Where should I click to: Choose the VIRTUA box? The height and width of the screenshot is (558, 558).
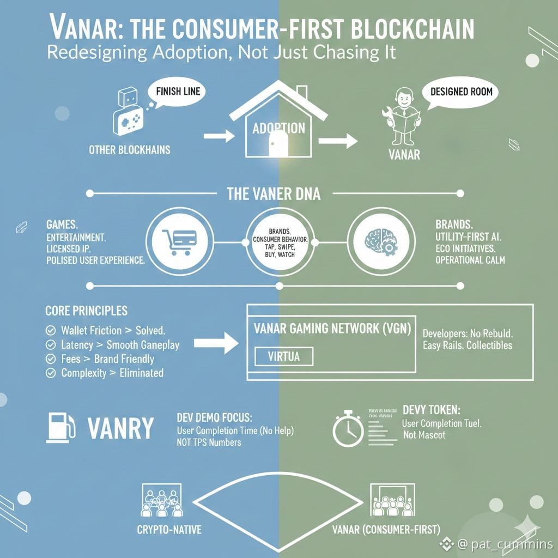click(x=283, y=356)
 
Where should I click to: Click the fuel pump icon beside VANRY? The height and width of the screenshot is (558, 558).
click(x=60, y=427)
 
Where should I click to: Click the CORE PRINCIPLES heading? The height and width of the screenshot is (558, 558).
click(x=86, y=311)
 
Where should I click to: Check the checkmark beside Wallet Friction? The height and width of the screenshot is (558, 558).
click(x=51, y=330)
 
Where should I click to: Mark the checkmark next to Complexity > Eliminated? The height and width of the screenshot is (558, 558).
click(x=51, y=373)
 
